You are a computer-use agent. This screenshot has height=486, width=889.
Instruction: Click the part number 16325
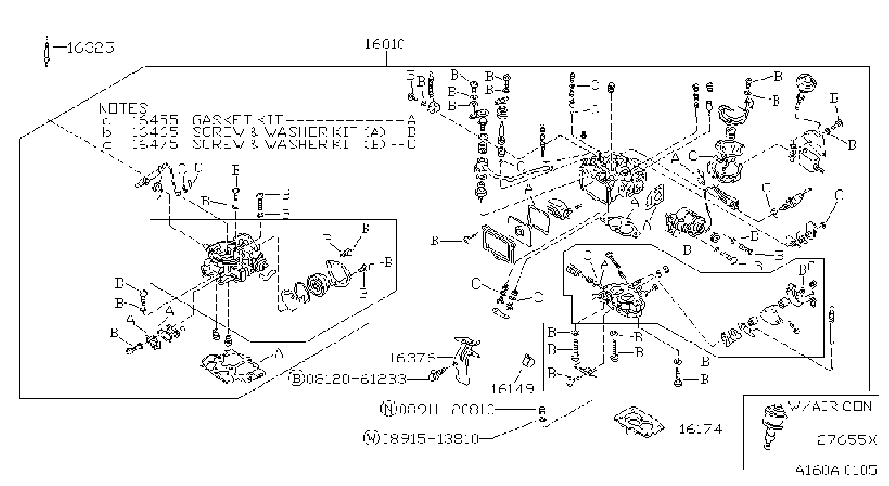tap(90, 48)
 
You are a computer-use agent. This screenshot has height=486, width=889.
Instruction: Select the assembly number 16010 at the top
tap(385, 44)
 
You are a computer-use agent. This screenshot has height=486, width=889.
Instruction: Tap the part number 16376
tap(412, 358)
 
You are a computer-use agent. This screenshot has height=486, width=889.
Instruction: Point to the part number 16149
tap(512, 389)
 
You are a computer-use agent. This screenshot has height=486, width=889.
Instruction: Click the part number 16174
tap(700, 429)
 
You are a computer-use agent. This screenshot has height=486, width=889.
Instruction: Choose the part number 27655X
tap(846, 440)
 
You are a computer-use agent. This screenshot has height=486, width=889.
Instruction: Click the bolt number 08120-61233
tap(357, 379)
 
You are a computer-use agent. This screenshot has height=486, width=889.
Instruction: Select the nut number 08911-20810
tap(446, 409)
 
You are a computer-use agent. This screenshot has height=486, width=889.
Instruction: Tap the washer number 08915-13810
tap(430, 439)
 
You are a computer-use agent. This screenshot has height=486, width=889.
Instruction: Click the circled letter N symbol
tap(388, 409)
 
